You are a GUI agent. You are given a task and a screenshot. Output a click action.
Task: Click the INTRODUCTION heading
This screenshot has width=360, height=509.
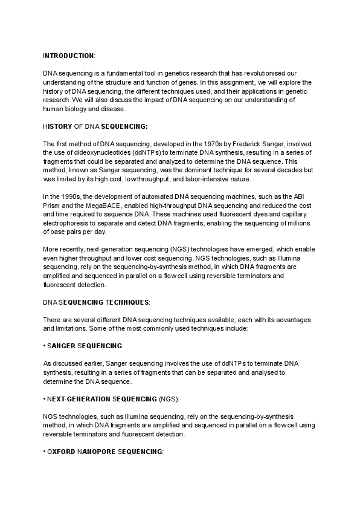coord(69,56)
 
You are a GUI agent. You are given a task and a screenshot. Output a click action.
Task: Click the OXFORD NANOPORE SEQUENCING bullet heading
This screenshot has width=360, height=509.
coord(103,452)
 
